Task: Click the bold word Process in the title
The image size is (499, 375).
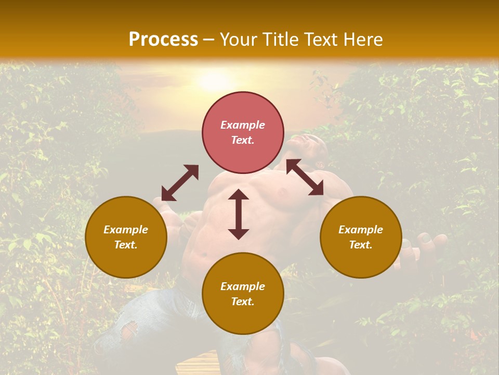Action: [163, 40]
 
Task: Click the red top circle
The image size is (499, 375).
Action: [243, 132]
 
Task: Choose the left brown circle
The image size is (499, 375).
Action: [126, 237]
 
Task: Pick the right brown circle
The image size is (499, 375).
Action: [361, 237]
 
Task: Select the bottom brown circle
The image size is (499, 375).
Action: [243, 294]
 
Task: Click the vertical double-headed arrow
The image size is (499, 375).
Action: [239, 214]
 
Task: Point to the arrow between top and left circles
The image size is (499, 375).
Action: [180, 183]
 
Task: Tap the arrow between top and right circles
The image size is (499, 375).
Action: [305, 177]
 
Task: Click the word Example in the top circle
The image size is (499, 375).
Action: [243, 125]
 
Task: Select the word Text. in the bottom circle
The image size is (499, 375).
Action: [243, 302]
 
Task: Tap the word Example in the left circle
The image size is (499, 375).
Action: [126, 230]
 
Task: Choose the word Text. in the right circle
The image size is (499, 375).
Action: [361, 245]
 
